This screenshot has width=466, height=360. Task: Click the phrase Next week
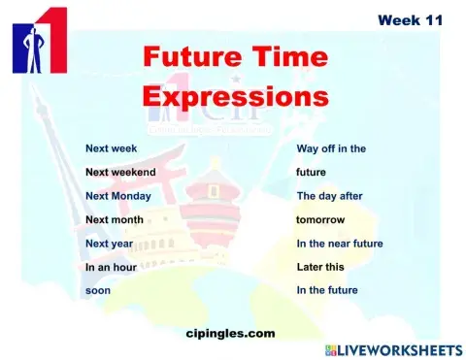[x=111, y=149]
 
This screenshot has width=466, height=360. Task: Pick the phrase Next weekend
[x=120, y=173]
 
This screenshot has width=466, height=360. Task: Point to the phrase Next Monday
[x=117, y=196]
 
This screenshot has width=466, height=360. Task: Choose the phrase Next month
[x=115, y=220]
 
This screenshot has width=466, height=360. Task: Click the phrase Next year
[x=109, y=244]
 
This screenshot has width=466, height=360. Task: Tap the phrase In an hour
[x=111, y=267]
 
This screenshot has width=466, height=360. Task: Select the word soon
[x=98, y=290]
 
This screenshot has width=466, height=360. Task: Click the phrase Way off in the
[x=331, y=149]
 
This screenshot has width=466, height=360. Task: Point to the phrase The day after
[x=329, y=196]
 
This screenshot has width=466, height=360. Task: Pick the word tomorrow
[x=320, y=220]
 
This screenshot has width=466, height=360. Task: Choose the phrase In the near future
[x=340, y=244]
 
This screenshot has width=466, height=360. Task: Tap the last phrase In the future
[x=327, y=290]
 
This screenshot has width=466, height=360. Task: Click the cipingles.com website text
[x=230, y=333]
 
